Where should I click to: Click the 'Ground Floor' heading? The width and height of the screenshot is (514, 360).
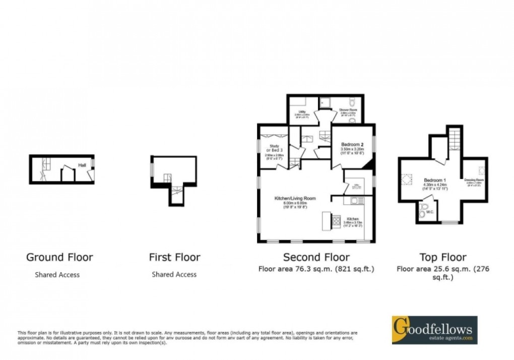[x=59, y=257]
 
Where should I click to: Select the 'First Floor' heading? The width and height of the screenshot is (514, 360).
[x=174, y=257]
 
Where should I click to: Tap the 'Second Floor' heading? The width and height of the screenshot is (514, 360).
[x=316, y=257]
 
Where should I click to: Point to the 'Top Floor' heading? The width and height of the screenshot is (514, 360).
[x=443, y=257]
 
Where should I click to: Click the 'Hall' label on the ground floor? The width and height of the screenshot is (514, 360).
[x=81, y=165]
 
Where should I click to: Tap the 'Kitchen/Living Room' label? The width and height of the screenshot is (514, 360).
[x=295, y=199]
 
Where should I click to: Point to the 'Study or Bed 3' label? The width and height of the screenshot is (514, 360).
[x=275, y=148]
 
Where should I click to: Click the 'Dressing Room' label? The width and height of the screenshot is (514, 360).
[x=474, y=180]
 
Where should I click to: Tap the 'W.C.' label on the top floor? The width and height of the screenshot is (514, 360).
[x=429, y=212]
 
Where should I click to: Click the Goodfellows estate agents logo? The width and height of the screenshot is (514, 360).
[x=434, y=330]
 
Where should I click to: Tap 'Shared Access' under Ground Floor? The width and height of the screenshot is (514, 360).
[x=57, y=275]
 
